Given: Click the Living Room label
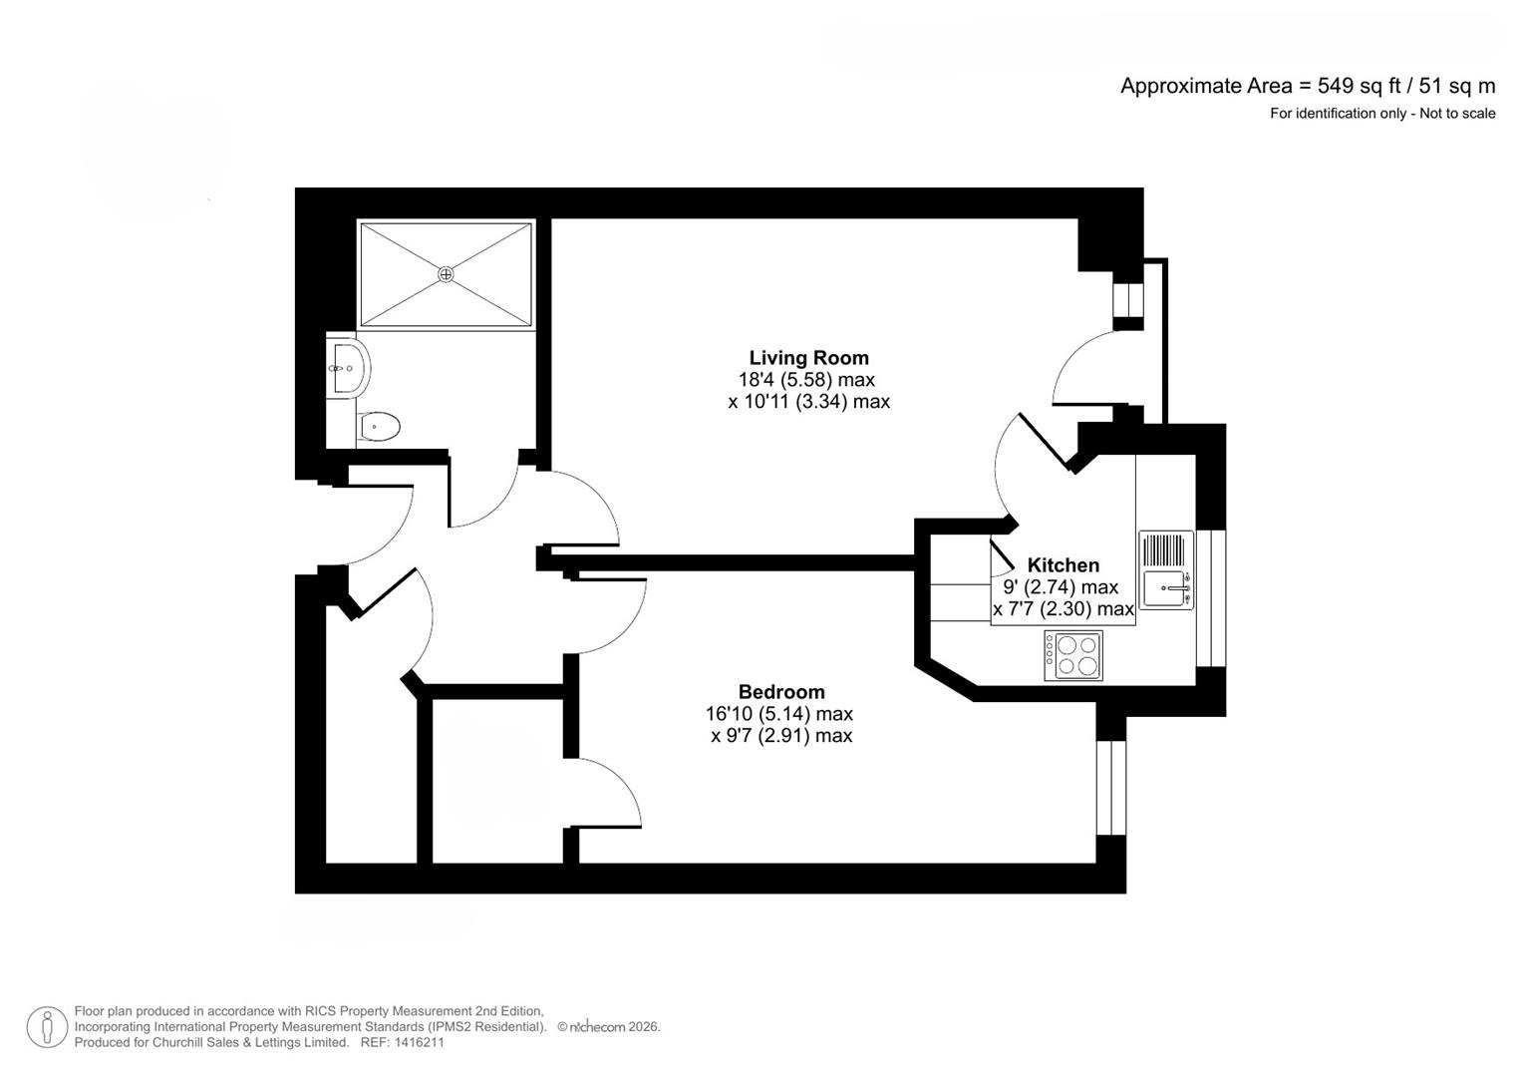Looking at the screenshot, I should (808, 358).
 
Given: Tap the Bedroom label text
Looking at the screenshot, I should (780, 692).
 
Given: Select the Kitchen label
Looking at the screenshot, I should (1063, 565).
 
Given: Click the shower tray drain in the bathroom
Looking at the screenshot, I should (446, 273).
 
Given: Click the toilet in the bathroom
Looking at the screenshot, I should (378, 427).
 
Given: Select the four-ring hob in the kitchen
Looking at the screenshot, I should (1072, 655).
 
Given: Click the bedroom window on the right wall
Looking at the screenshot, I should (1110, 787).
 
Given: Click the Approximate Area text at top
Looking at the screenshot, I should (1307, 86).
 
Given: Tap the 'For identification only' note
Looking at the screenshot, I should (1381, 114).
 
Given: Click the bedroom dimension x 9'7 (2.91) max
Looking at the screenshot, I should (780, 736).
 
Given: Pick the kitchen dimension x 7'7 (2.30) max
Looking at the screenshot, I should (1063, 609).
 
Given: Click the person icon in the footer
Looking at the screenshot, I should (47, 1027).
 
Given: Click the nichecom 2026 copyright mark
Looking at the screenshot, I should (608, 1026).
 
